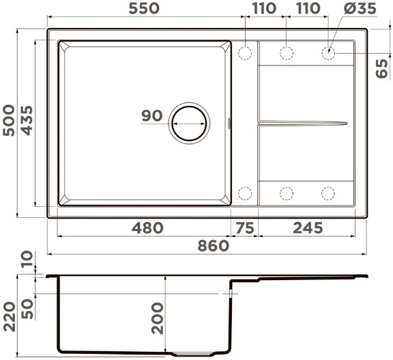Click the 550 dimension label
point(144,8)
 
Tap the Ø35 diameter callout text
point(360,8)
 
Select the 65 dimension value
point(381,68)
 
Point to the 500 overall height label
point(9,120)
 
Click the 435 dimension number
point(27,120)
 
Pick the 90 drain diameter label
point(152,115)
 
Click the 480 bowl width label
point(147,228)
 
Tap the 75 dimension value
point(245,228)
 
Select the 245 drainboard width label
point(308,228)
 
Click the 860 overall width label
point(214,246)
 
